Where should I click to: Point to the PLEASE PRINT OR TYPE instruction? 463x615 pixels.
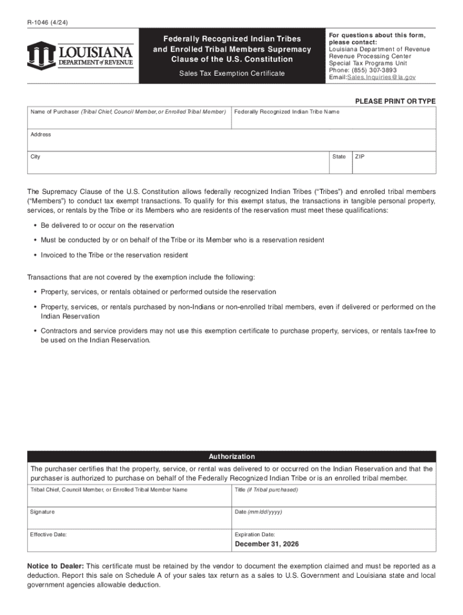pos(395,101)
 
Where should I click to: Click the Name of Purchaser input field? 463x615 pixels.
pos(129,121)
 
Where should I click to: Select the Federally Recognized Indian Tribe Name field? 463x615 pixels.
pos(333,121)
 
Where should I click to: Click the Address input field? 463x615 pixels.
pos(231,143)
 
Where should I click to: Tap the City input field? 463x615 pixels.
pos(177,165)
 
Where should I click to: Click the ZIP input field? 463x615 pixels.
pos(394,166)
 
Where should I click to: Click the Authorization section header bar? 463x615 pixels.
pos(231,456)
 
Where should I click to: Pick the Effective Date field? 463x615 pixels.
pos(129,542)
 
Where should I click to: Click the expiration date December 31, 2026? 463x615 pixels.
pos(266,544)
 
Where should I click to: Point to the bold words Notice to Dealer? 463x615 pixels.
pos(55,566)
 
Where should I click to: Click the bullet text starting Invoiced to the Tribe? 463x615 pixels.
pos(114,255)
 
